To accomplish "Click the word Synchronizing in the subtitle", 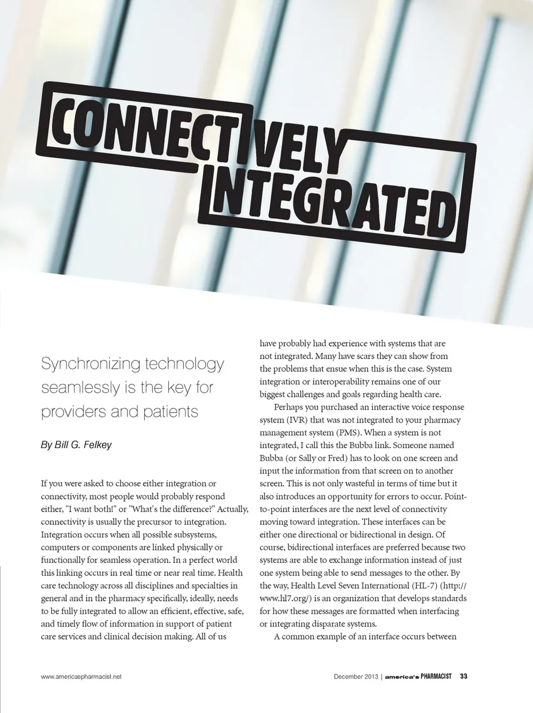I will point(90,364).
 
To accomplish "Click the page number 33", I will point(464,676).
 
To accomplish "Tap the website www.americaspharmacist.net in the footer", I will point(81,676).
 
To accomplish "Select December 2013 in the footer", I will point(356,676).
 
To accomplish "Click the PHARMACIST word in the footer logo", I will point(436,676).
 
